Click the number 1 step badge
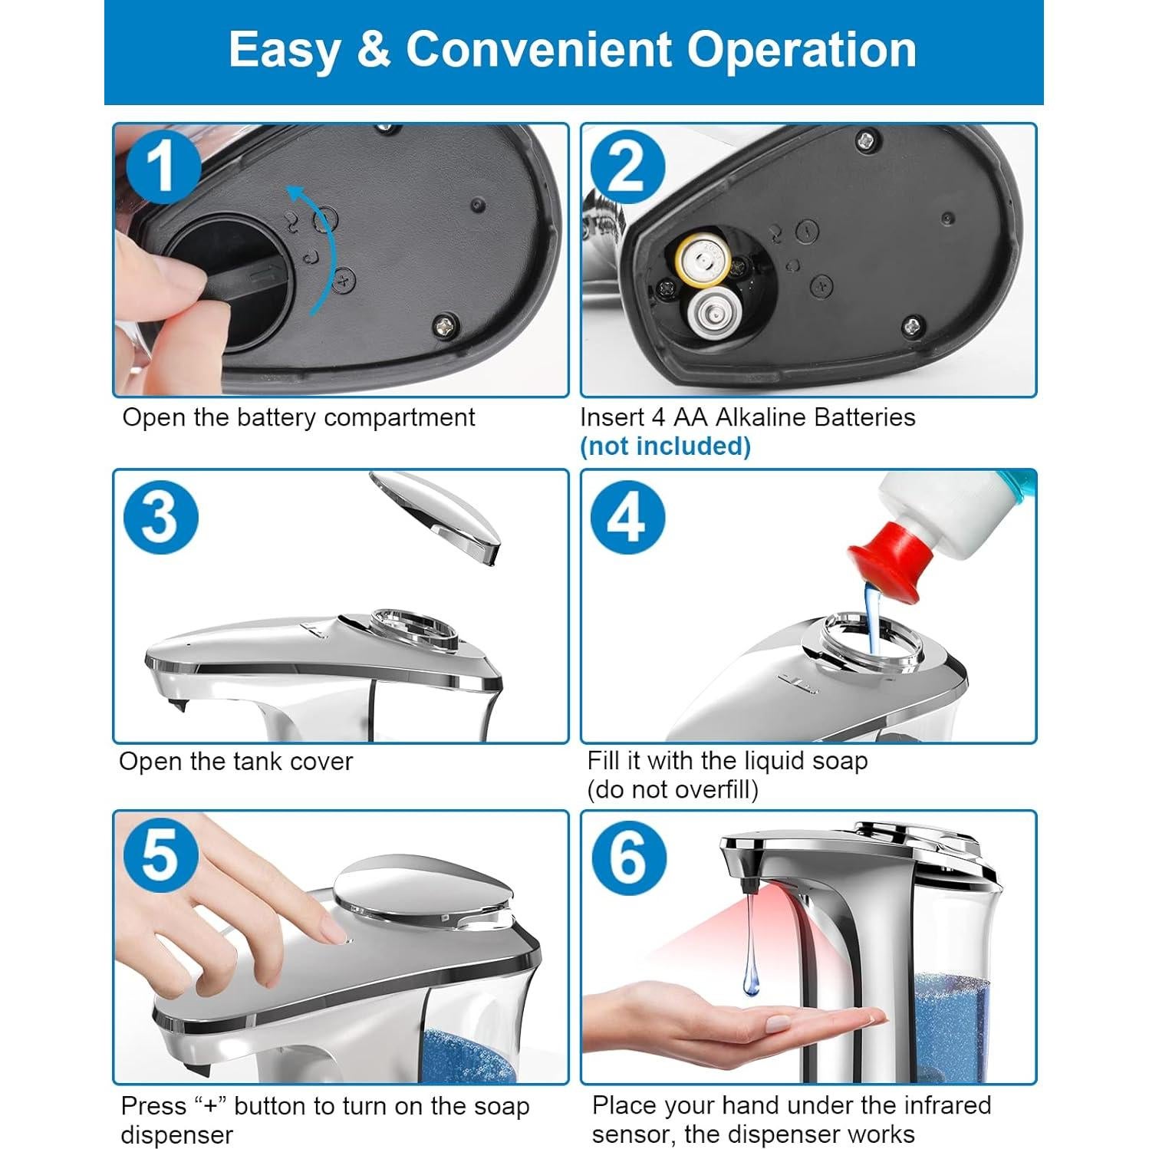coord(162,167)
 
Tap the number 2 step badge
coord(627,167)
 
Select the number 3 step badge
coord(160,515)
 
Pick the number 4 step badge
coord(627,515)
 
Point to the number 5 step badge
coord(160,856)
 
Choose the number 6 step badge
coord(627,856)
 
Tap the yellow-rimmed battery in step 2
coord(701,262)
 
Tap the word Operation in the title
coord(802,50)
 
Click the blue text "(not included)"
coord(665,446)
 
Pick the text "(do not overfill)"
coord(673,789)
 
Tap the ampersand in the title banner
coord(374,50)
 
